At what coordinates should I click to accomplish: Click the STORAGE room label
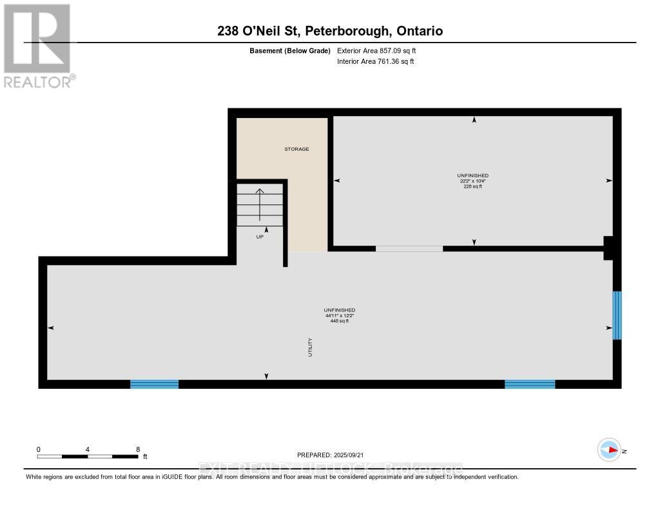297,149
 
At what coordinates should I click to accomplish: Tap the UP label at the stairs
260,237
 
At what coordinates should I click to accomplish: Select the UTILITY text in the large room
310,348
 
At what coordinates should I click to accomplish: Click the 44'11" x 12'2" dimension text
340,315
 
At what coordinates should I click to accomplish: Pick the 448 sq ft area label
340,320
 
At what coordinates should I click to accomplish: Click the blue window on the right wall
617,315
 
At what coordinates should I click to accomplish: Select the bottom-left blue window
154,384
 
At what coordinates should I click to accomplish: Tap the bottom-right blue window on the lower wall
529,384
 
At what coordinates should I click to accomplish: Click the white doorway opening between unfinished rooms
409,248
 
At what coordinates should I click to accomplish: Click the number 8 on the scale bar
138,449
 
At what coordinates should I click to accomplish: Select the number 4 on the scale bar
87,449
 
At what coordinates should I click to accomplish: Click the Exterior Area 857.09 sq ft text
381,50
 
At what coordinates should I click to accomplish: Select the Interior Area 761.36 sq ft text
375,61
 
